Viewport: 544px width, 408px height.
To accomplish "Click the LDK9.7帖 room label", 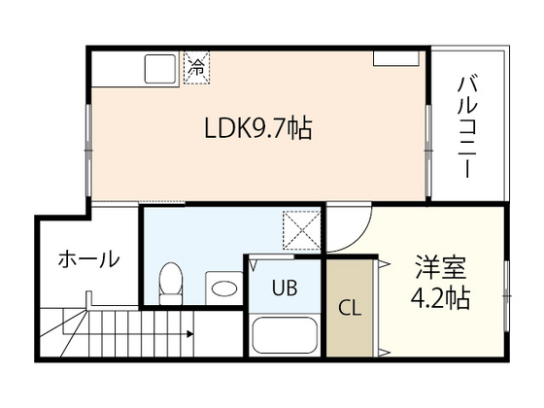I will (256, 128).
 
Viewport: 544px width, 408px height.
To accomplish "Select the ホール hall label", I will (88, 259).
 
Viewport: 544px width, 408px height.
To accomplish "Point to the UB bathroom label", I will (284, 288).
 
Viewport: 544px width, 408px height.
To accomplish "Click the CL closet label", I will (350, 310).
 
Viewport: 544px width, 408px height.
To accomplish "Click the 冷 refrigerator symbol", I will (197, 68).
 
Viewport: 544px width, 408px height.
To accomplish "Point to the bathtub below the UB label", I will (286, 335).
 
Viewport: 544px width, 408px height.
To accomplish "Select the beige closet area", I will (350, 309).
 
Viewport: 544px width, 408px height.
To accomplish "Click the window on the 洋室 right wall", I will (506, 287).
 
